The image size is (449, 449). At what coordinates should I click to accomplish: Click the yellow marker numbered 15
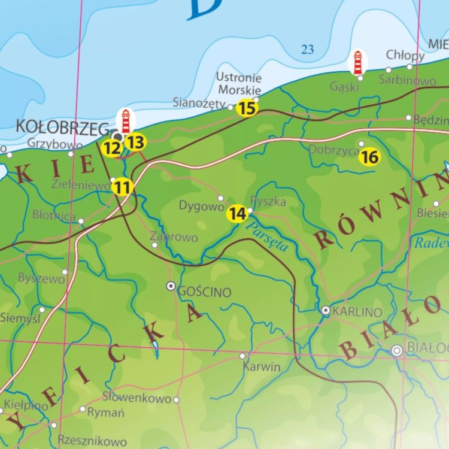247,108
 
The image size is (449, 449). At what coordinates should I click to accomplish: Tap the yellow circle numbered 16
370,157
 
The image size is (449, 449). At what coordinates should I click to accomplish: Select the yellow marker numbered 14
238,213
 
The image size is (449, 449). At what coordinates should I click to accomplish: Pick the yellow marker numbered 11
122,187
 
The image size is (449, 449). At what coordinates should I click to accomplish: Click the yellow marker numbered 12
111,148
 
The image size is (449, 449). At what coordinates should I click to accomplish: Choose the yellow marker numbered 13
136,142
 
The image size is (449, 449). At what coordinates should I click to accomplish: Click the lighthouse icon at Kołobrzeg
126,121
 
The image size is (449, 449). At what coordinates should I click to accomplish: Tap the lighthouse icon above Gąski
358,62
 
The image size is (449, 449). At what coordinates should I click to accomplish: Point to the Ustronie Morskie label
239,84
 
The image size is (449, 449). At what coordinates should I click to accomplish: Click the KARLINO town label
357,312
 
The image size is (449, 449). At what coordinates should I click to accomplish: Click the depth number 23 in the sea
307,50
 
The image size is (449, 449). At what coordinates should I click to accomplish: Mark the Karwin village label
262,367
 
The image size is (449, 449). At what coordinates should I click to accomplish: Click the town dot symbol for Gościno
171,286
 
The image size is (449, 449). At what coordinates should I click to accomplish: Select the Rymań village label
106,412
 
